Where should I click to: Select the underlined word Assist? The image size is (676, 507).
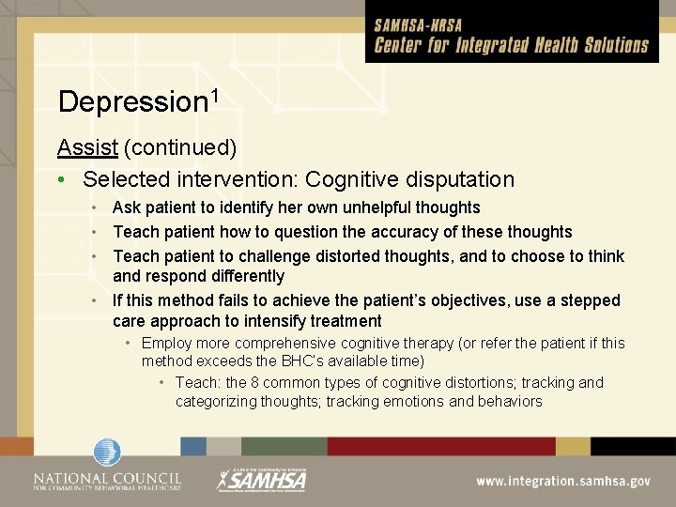[x=87, y=147]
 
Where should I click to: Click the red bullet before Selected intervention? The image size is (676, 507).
[x=61, y=179]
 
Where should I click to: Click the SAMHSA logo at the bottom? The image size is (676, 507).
[x=263, y=480]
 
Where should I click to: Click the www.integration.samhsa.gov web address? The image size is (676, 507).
[x=562, y=481]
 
